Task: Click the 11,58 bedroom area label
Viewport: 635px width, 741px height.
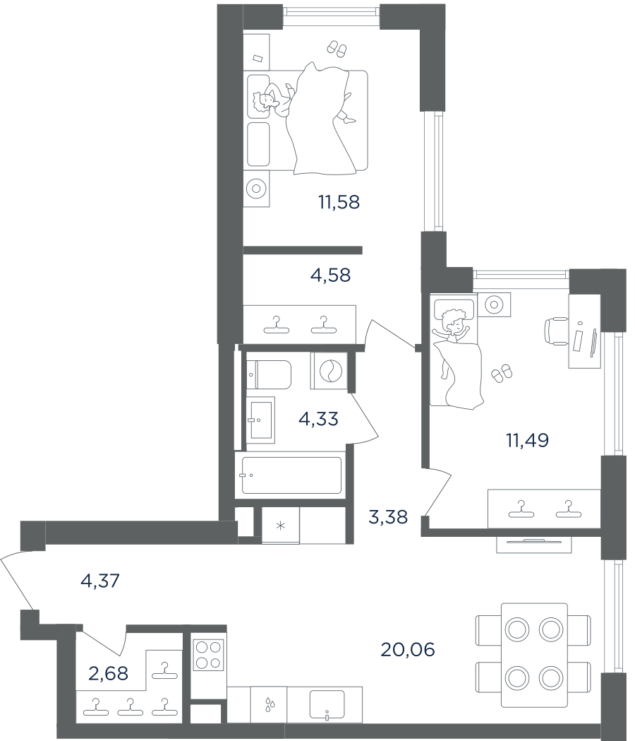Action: [339, 202]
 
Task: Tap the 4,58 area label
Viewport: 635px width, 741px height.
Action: [330, 275]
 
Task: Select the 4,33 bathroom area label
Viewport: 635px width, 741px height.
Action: [319, 419]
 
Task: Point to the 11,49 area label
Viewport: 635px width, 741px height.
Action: [527, 441]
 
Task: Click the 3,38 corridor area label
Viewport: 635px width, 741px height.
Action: [387, 517]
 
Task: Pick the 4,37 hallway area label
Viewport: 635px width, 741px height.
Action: [100, 581]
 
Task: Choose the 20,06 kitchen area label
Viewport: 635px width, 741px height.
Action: [407, 650]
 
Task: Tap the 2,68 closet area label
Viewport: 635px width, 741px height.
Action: [108, 673]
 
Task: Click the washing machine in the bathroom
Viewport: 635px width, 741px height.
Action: [329, 370]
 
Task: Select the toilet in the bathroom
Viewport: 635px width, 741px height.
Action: [269, 374]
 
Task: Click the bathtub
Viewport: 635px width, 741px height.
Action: [291, 475]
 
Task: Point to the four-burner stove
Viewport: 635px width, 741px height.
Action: [208, 655]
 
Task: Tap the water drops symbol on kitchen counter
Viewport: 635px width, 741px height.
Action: [268, 704]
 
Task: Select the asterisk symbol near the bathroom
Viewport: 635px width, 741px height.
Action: [280, 526]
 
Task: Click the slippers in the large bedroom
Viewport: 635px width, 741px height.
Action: [337, 49]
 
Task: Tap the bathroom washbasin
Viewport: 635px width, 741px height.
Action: [260, 420]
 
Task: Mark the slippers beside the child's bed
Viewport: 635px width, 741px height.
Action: [502, 373]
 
